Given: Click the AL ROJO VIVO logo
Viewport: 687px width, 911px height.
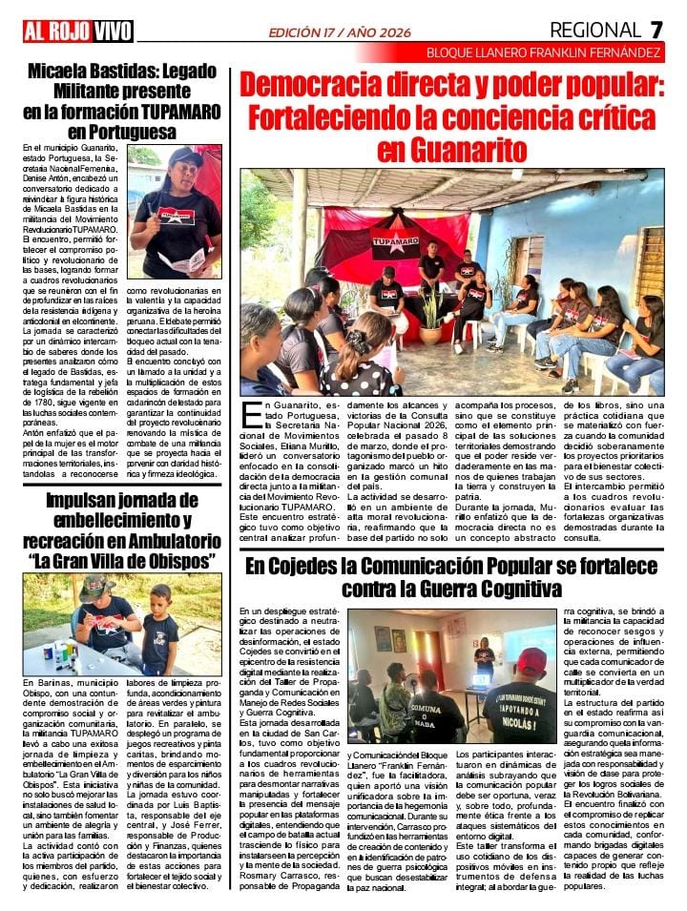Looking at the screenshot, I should (x=78, y=31).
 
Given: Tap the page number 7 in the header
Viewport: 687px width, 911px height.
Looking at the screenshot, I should (x=656, y=31).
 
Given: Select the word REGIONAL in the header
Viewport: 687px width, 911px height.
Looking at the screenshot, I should (x=595, y=31).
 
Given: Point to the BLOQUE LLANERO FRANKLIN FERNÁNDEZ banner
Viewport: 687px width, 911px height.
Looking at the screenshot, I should (x=544, y=52).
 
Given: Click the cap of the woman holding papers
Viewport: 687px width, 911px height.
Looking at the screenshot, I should (x=185, y=155).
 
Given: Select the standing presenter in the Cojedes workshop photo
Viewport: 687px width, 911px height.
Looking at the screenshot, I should (x=485, y=658).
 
